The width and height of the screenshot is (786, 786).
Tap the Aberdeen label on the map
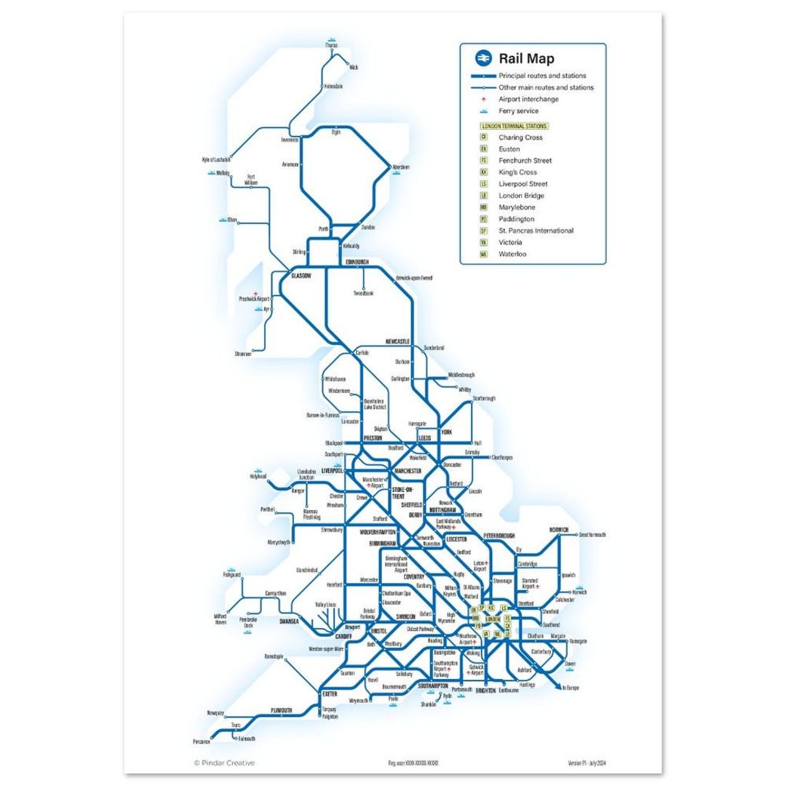click(401, 167)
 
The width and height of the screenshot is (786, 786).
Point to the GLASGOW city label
click(301, 276)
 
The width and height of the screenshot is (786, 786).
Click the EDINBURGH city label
click(357, 262)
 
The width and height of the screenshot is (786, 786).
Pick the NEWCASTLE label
click(398, 341)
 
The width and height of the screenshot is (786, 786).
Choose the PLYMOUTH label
click(281, 710)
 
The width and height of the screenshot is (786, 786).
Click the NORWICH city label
click(559, 529)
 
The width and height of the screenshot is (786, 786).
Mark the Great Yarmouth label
click(593, 535)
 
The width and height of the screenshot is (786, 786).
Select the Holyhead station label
click(258, 477)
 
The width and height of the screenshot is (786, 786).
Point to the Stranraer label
click(243, 354)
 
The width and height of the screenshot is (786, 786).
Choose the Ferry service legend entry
click(518, 111)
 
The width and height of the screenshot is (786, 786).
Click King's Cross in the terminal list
click(517, 172)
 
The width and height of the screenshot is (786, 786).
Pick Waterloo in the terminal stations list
click(512, 254)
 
